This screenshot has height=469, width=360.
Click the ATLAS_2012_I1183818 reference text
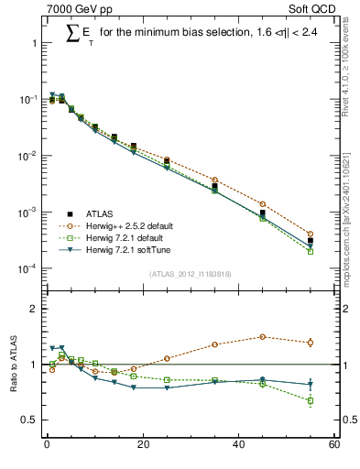(x=189, y=273)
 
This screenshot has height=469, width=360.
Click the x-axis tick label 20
(x=142, y=446)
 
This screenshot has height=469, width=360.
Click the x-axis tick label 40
(x=238, y=446)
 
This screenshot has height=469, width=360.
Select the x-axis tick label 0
(x=47, y=446)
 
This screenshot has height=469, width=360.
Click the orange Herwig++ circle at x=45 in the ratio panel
(x=262, y=337)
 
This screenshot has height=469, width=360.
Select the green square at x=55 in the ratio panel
(x=310, y=400)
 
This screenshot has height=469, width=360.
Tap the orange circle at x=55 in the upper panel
(x=310, y=234)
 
